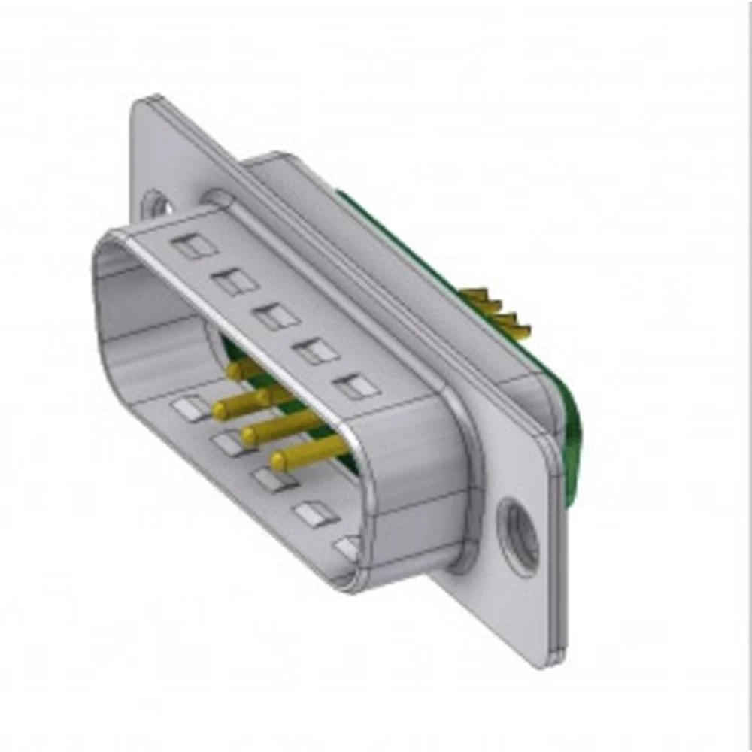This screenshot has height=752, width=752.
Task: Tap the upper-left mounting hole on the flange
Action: [x=154, y=202]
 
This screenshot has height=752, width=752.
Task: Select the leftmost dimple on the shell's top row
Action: [x=195, y=246]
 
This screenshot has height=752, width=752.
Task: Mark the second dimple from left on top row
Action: [x=235, y=281]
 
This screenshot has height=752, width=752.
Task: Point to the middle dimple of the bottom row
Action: [x=272, y=479]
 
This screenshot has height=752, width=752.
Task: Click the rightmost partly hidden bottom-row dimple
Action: [x=347, y=547]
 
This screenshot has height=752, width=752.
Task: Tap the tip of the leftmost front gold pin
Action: [x=220, y=410]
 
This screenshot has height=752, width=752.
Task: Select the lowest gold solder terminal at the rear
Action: [x=519, y=329]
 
